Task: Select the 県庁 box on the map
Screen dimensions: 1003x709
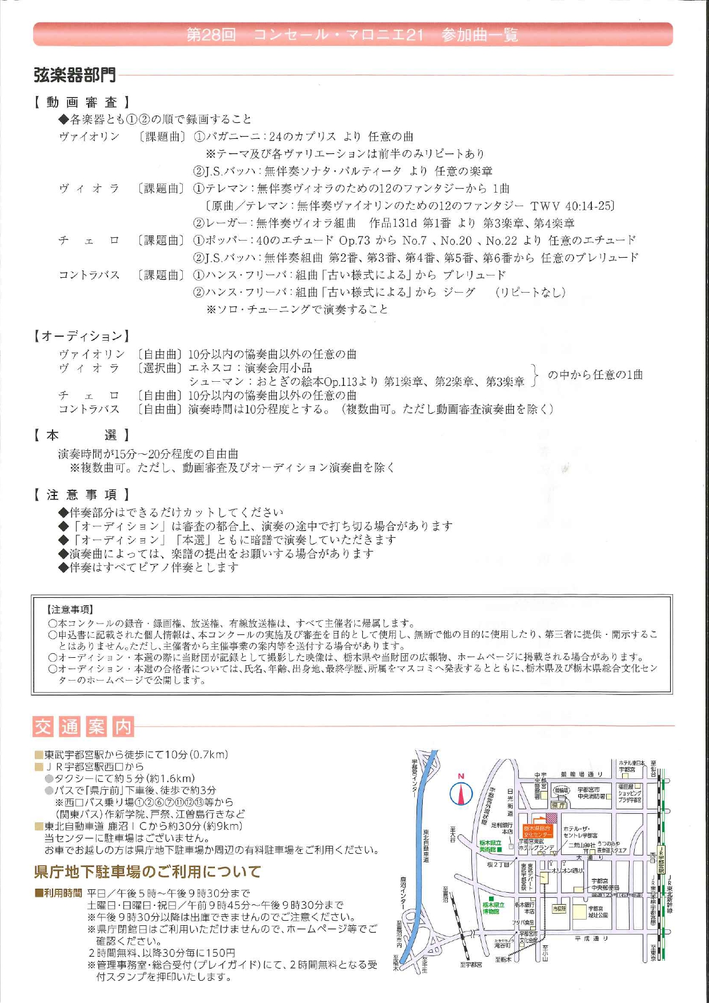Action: [x=558, y=805]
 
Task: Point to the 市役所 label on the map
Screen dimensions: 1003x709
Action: [x=559, y=908]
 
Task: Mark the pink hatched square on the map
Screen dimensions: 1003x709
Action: [x=551, y=818]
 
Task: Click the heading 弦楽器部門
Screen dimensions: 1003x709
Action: [x=75, y=75]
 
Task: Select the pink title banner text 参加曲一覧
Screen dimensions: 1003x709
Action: [x=479, y=35]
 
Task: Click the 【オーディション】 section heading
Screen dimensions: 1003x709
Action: [x=81, y=336]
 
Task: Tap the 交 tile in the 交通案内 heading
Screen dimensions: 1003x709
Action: [x=43, y=727]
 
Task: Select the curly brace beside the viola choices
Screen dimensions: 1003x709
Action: [x=535, y=375]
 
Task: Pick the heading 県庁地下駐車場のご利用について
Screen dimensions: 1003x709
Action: [x=147, y=872]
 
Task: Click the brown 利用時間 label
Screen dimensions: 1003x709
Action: [x=58, y=893]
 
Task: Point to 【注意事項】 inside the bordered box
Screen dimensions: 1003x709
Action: [x=70, y=610]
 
